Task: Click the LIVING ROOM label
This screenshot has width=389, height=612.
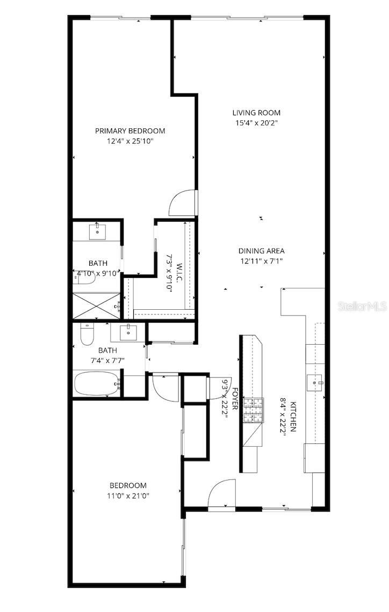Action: coord(256,113)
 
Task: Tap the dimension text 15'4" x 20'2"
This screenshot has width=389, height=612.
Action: coord(256,123)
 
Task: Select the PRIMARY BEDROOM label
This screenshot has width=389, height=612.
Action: coord(130,130)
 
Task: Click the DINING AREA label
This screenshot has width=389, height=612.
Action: coord(261,251)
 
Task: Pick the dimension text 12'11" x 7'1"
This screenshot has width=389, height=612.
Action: coord(261,261)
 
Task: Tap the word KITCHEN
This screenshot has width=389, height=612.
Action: coord(293,417)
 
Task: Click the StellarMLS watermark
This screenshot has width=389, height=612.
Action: coord(362,307)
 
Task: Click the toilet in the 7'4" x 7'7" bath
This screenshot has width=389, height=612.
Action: coord(86,336)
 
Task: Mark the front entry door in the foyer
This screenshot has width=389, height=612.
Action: coord(222,495)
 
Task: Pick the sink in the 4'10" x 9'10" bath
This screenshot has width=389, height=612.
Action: coord(97,232)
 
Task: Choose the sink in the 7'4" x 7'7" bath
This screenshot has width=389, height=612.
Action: coord(128,333)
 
